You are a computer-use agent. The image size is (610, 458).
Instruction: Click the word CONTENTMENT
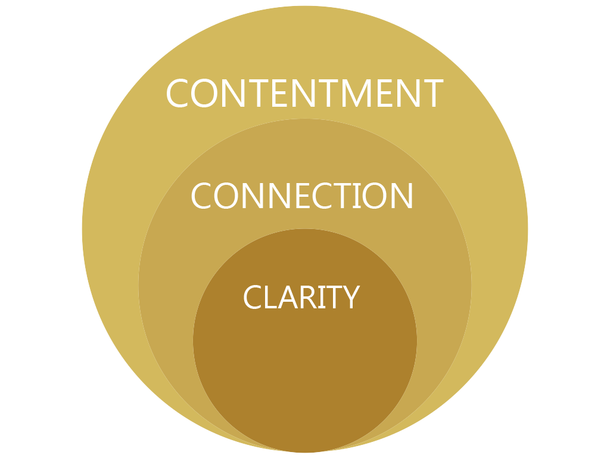(x=304, y=94)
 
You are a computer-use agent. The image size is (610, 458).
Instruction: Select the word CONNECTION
(x=302, y=196)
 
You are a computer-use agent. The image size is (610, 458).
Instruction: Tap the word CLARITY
(x=301, y=297)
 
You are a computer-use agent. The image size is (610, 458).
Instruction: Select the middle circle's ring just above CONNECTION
(x=304, y=149)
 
